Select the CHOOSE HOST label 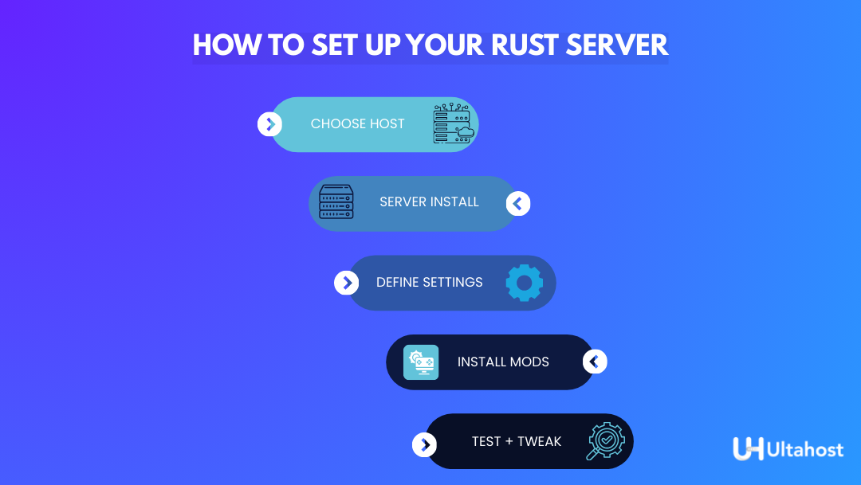(357, 123)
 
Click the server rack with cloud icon (453, 124)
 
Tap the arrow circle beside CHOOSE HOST (270, 123)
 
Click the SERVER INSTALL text (429, 202)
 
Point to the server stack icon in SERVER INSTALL (336, 202)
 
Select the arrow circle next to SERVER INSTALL (518, 204)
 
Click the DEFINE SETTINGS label (429, 282)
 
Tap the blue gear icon (524, 283)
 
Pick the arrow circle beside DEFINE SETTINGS (346, 283)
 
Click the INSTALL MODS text (503, 362)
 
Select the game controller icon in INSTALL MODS (421, 362)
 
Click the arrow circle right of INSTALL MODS (595, 362)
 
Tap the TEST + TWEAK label (516, 441)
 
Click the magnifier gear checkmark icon (606, 441)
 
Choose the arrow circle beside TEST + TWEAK (424, 444)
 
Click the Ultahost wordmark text (804, 450)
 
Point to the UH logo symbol (748, 448)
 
